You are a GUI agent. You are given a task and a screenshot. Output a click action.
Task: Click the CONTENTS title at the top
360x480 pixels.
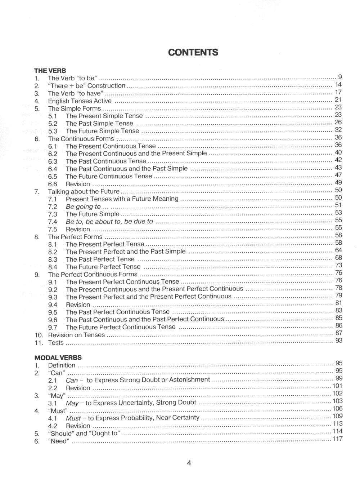pyautogui.click(x=193, y=53)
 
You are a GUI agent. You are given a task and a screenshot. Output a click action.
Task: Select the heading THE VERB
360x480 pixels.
pyautogui.click(x=50, y=71)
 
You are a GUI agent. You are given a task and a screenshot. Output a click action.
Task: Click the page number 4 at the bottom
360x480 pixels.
pyautogui.click(x=189, y=463)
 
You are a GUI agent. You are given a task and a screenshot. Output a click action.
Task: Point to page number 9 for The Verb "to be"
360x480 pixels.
pyautogui.click(x=340, y=77)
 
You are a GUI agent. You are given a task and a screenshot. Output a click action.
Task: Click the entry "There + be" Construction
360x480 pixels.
pyautogui.click(x=86, y=86)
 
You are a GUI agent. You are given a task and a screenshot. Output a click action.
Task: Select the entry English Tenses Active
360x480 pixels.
pyautogui.click(x=80, y=101)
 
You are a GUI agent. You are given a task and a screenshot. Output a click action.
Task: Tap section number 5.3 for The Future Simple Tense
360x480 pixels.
pyautogui.click(x=53, y=131)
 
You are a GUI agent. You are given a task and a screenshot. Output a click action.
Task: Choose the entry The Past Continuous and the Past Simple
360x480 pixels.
pyautogui.click(x=126, y=169)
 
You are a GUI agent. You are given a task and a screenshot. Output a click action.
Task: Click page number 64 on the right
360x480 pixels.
pyautogui.click(x=338, y=250)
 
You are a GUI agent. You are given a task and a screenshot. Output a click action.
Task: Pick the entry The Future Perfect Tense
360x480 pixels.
pyautogui.click(x=103, y=267)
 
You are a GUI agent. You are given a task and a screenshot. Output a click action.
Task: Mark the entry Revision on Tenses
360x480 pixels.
pyautogui.click(x=76, y=335)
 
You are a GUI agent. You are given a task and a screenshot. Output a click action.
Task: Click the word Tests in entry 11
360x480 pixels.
pyautogui.click(x=56, y=343)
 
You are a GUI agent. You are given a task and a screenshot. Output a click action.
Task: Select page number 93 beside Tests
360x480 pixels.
pyautogui.click(x=338, y=341)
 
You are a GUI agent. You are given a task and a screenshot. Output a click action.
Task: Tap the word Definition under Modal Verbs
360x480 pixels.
pyautogui.click(x=62, y=365)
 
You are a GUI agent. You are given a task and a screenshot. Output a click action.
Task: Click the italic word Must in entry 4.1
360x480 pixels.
pyautogui.click(x=73, y=418)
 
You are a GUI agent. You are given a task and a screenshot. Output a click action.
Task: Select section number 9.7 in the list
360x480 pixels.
pyautogui.click(x=53, y=328)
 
